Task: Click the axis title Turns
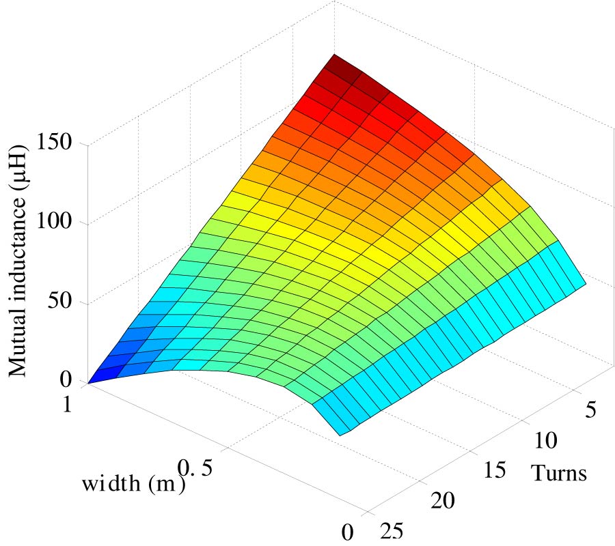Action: [x=559, y=472]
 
